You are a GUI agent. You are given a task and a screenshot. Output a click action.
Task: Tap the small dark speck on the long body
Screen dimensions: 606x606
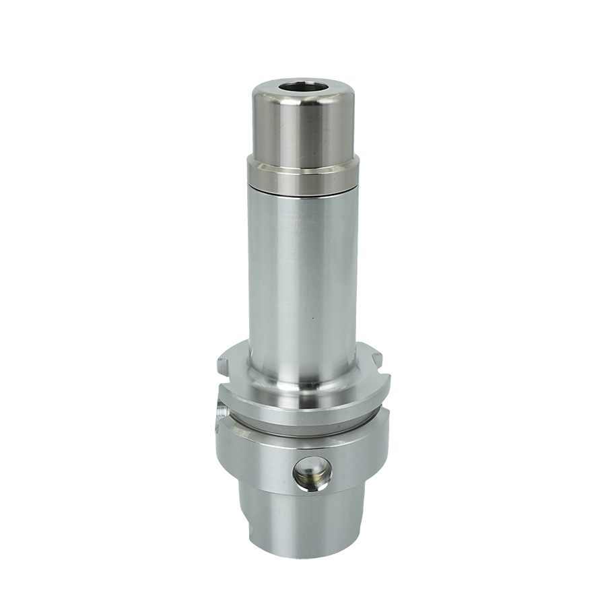312,316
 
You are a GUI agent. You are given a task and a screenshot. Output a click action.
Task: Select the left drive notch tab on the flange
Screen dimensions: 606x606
224,366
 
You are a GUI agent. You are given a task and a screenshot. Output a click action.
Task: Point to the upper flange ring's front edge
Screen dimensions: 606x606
303,411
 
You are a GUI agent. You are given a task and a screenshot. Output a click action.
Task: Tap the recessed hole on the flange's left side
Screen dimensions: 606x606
221,409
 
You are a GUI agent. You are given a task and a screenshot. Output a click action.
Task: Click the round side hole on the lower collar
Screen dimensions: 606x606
312,473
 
